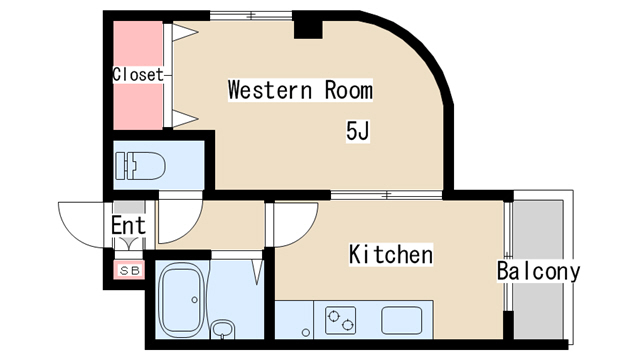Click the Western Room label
(x=300, y=90)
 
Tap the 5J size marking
(x=358, y=131)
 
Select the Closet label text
(x=138, y=75)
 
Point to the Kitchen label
(x=391, y=254)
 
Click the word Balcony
(x=538, y=271)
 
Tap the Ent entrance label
(x=128, y=225)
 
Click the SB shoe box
(x=129, y=270)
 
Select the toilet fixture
(x=140, y=166)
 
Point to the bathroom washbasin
(x=222, y=329)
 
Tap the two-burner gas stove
(x=340, y=320)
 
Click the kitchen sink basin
(x=402, y=320)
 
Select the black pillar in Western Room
(x=308, y=29)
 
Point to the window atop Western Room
(x=251, y=16)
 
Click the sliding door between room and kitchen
(x=387, y=195)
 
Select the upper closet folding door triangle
(x=184, y=33)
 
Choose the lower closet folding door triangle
(x=184, y=119)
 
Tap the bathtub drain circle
(x=195, y=300)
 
